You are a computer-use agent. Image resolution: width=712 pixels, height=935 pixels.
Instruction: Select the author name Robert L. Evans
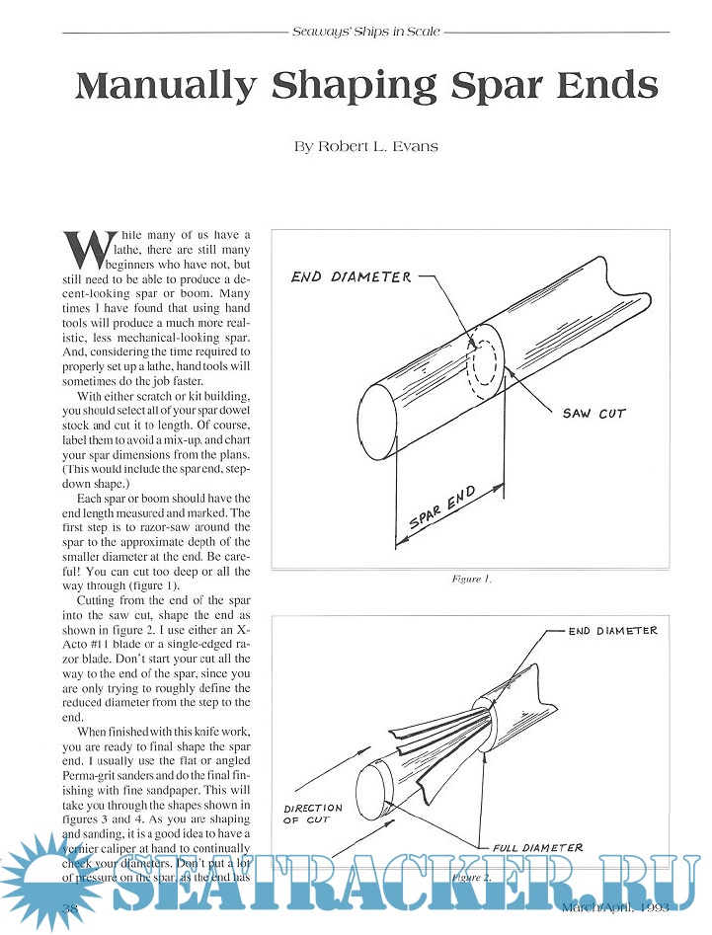click(366, 147)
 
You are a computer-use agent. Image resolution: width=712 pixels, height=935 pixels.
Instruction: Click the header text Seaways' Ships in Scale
click(366, 33)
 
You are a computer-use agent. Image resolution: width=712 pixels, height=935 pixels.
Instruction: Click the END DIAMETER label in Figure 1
click(351, 277)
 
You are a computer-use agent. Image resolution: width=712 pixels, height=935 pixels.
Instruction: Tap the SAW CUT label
click(593, 413)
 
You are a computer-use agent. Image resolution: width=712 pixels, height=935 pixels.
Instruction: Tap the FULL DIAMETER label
click(537, 847)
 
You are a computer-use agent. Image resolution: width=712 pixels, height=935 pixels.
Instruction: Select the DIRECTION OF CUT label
click(313, 813)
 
